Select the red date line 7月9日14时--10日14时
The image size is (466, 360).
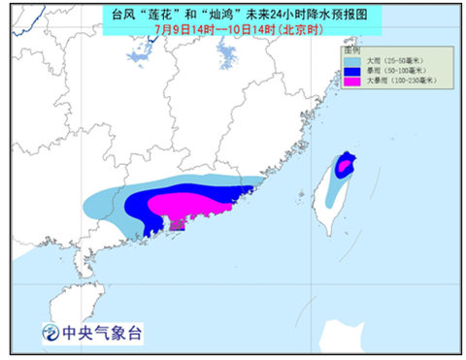(x=233, y=29)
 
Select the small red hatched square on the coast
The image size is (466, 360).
(x=176, y=225)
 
